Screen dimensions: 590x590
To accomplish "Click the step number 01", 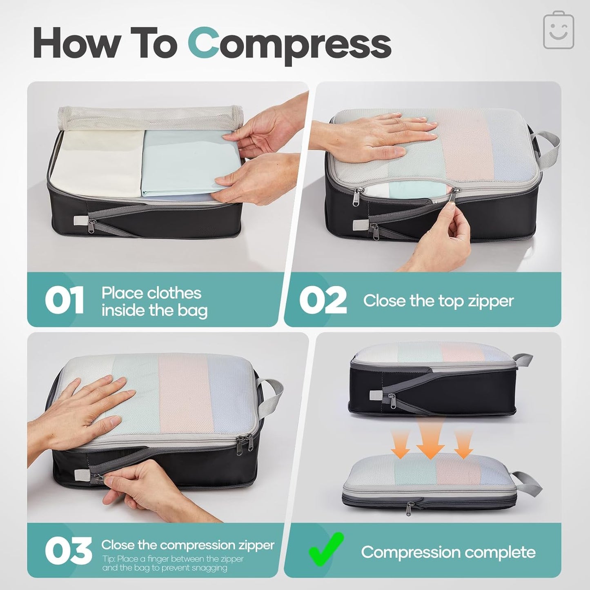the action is [x=64, y=300].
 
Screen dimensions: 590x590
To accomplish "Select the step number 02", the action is [x=323, y=300].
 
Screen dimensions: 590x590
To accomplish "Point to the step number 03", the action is [x=68, y=551].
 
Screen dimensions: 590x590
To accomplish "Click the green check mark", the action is [x=326, y=550].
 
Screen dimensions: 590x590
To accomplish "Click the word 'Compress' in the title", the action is [x=289, y=46].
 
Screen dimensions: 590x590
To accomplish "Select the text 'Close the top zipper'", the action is [x=439, y=301].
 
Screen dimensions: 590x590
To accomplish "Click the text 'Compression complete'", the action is [x=448, y=552].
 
